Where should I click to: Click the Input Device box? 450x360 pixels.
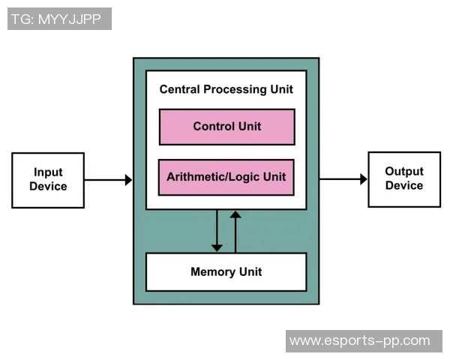48,180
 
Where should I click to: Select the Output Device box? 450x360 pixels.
403,179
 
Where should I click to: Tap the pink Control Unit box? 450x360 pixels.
226,127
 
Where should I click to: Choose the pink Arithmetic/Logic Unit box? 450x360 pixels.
226,178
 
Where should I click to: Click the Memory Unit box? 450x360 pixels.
226,271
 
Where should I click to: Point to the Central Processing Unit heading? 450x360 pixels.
226,89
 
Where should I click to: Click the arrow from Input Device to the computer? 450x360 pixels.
107,180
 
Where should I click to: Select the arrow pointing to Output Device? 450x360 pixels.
343,179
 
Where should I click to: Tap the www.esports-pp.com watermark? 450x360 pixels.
360,340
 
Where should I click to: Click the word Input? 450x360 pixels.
48,172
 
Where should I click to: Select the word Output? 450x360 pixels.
404,172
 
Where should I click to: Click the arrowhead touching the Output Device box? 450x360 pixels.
364,179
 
